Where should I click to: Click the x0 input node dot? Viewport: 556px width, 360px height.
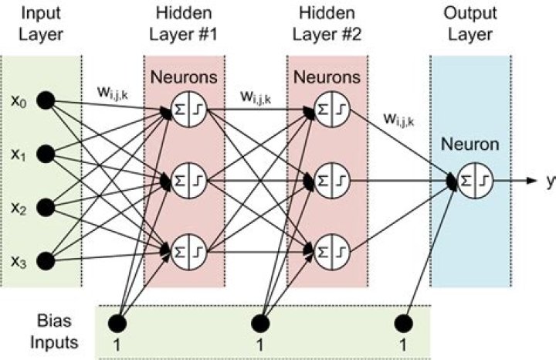[46, 100]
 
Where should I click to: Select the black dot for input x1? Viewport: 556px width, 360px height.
[46, 154]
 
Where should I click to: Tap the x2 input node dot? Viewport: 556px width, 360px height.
[46, 208]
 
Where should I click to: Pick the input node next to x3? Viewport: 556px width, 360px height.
[46, 261]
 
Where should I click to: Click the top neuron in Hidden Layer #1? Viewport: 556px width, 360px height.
[189, 109]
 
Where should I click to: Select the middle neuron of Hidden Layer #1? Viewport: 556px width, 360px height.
[189, 181]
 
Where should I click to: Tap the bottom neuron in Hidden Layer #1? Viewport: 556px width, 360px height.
[189, 252]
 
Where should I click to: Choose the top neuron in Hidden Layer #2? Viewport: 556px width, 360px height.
[332, 109]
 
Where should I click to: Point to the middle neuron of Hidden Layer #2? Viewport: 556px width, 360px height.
[332, 181]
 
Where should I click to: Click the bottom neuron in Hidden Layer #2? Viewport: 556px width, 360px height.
[332, 252]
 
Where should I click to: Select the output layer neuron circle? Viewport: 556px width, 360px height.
[475, 181]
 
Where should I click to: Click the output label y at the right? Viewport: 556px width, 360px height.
[551, 182]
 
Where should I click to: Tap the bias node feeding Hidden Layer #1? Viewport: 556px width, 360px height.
[117, 324]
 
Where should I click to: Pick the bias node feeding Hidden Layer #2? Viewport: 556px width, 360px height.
[260, 324]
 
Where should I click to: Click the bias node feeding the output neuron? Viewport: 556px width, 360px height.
[404, 324]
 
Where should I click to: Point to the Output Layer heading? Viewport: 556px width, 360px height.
[470, 24]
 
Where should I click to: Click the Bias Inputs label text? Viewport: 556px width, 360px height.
[54, 332]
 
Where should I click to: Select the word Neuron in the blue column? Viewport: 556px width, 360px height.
[470, 144]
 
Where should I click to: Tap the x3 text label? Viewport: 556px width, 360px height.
[19, 263]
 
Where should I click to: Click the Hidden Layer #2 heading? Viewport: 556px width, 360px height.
[327, 24]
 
